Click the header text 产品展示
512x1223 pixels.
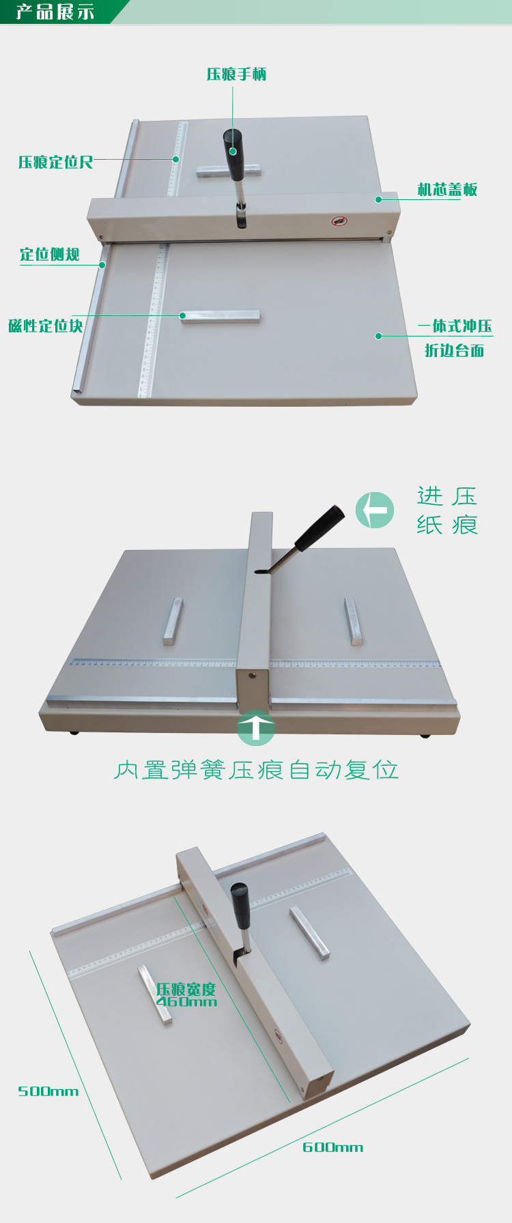55,12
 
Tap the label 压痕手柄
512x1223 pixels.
236,74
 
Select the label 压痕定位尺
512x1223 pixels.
55,162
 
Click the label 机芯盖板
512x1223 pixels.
447,189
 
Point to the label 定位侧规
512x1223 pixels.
49,255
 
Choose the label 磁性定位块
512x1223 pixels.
45,326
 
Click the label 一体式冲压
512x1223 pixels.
455,326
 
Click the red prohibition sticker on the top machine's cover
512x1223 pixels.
339,221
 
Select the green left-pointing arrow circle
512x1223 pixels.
375,510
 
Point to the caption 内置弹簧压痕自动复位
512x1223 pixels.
256,770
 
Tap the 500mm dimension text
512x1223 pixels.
48,1091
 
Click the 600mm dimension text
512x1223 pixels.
332,1147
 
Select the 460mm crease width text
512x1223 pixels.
186,1002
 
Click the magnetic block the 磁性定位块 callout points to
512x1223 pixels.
221,316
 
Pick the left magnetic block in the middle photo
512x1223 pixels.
173,620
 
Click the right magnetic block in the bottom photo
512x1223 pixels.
309,932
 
